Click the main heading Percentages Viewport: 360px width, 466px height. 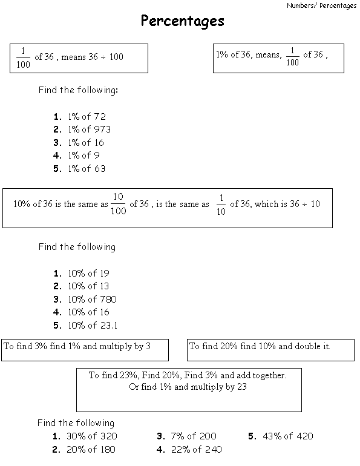(182, 22)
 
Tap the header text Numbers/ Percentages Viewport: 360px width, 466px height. (322, 5)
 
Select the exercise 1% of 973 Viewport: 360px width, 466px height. (89, 130)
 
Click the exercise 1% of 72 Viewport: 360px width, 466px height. (87, 116)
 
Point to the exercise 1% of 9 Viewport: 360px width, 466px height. (83, 156)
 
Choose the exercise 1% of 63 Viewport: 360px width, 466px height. (86, 169)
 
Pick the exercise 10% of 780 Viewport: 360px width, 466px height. (92, 300)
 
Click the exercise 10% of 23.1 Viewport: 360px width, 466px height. (93, 326)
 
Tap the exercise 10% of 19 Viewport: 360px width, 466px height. (88, 274)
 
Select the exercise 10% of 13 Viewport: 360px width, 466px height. (88, 286)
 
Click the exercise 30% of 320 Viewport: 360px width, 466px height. (92, 436)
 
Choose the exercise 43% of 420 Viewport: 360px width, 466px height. (288, 436)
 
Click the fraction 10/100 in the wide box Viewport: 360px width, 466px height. (118, 204)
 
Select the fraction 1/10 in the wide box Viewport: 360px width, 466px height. (221, 204)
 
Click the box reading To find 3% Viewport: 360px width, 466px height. (85, 350)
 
